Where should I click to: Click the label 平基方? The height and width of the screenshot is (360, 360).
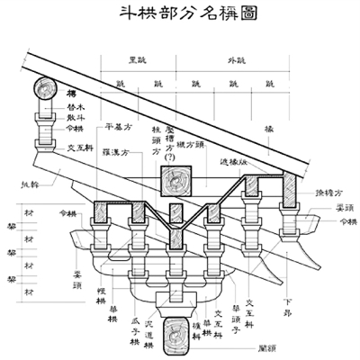[119, 126]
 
